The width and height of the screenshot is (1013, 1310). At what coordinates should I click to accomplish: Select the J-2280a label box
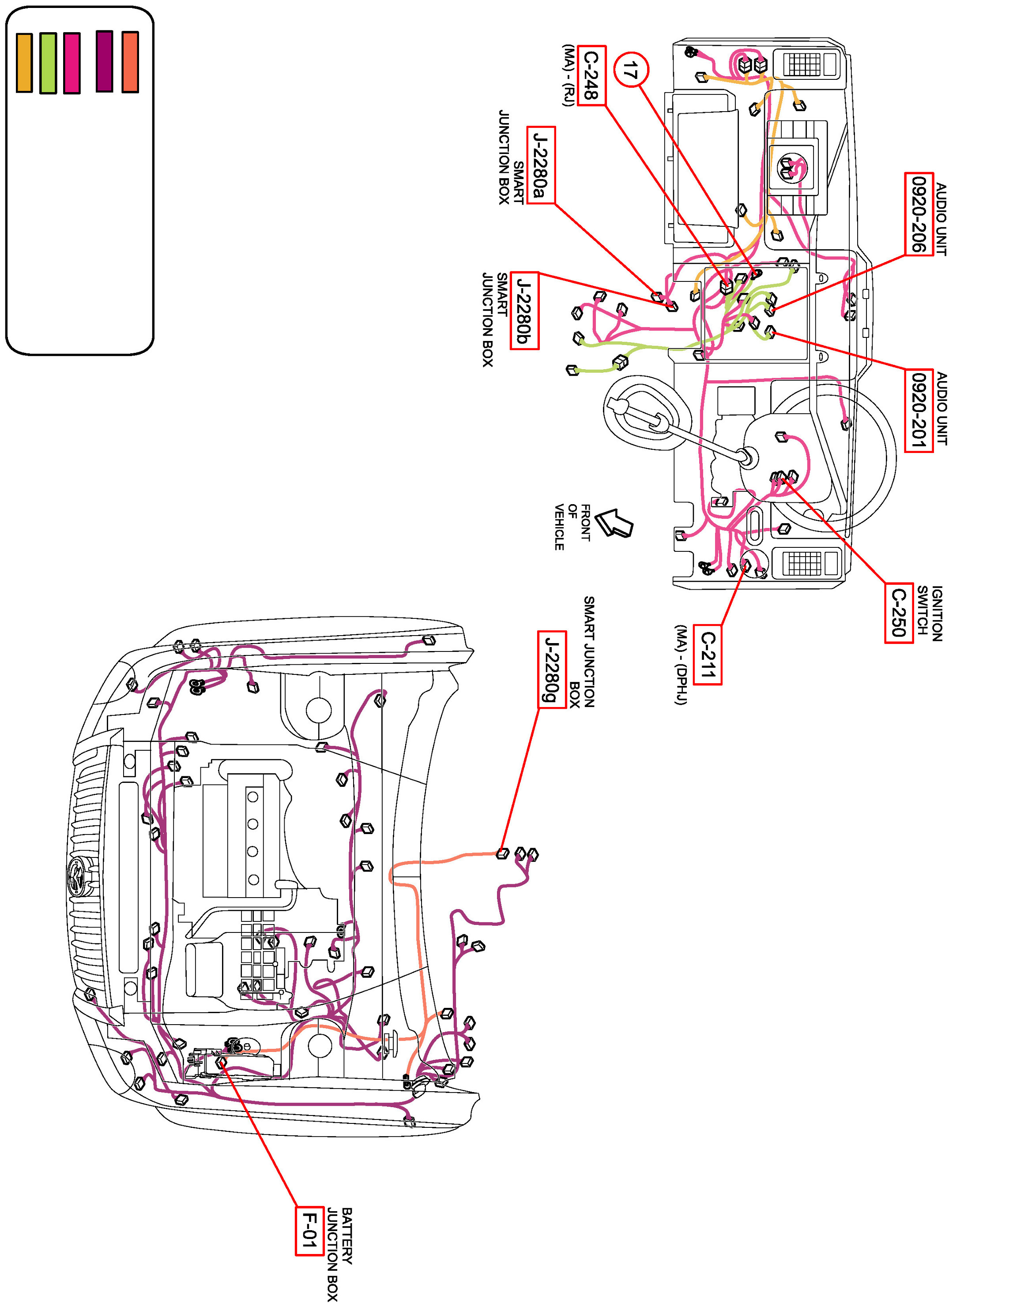point(541,165)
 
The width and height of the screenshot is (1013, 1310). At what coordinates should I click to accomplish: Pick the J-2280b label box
point(524,310)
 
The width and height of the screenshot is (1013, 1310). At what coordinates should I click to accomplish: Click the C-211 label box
point(708,655)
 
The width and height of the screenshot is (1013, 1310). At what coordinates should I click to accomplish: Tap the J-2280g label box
point(551,670)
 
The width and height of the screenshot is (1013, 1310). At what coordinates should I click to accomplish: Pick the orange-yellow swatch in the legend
point(24,63)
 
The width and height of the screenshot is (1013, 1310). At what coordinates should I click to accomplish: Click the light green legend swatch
point(48,63)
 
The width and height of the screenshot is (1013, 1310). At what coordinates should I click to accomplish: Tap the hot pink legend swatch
point(72,63)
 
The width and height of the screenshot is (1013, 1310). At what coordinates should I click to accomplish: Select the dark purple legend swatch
point(105,61)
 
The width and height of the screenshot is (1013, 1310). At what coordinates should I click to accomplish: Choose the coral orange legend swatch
point(130,62)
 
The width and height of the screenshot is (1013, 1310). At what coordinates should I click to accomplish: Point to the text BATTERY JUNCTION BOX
point(340,1254)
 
